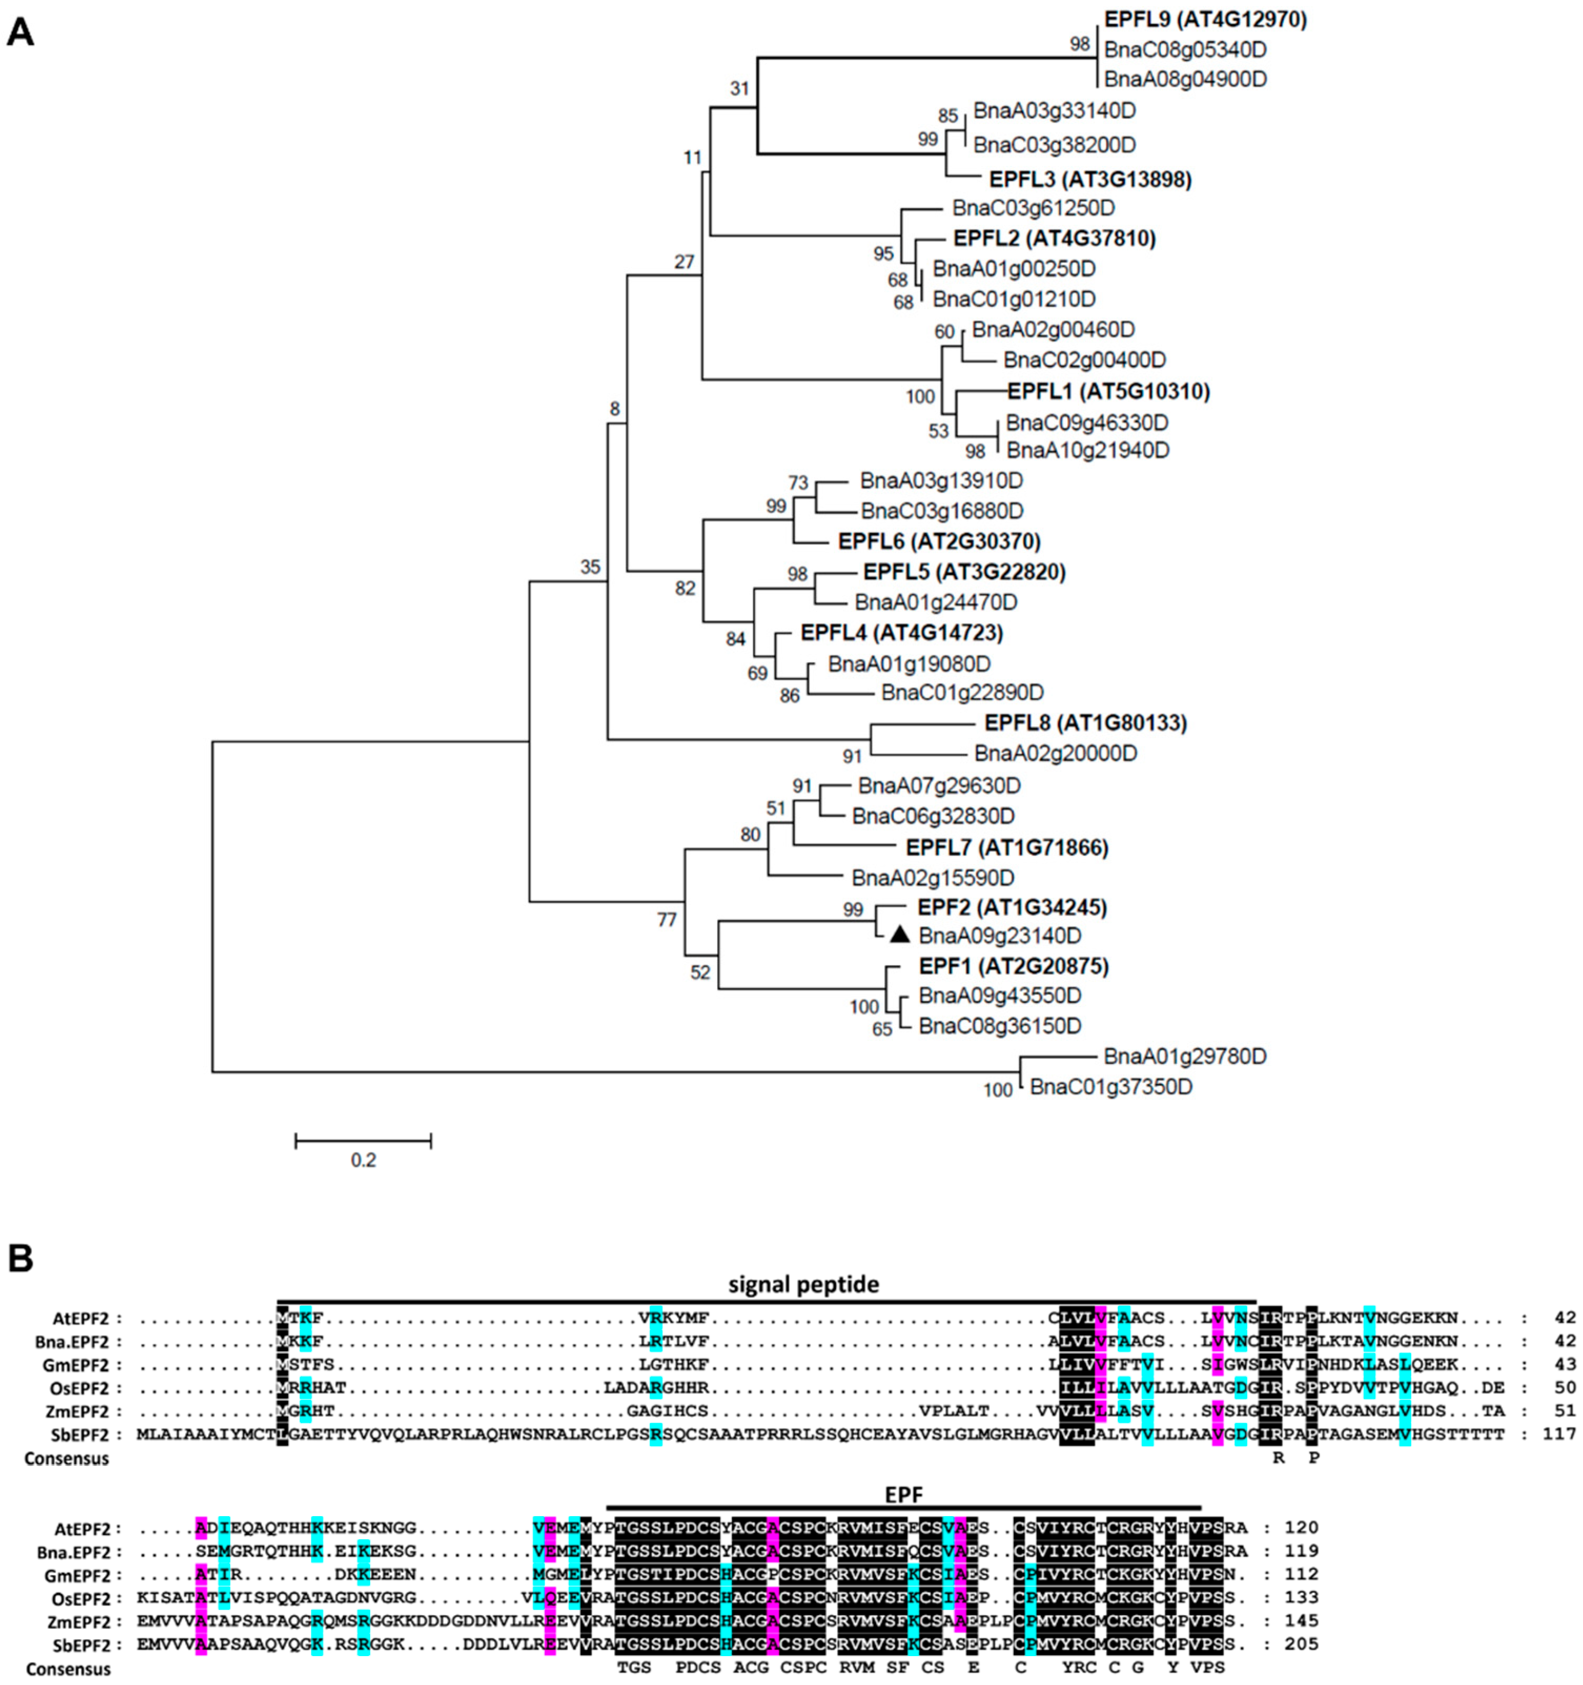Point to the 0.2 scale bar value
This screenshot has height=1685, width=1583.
pos(363,1160)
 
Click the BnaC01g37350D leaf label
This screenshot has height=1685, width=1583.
pos(1111,1087)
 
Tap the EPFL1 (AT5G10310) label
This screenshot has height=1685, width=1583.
pos(1108,392)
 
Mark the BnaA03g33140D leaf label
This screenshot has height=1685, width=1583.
pos(1054,111)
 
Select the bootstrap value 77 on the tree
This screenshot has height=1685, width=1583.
pos(667,920)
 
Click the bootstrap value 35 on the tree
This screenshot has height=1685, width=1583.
pos(590,567)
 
